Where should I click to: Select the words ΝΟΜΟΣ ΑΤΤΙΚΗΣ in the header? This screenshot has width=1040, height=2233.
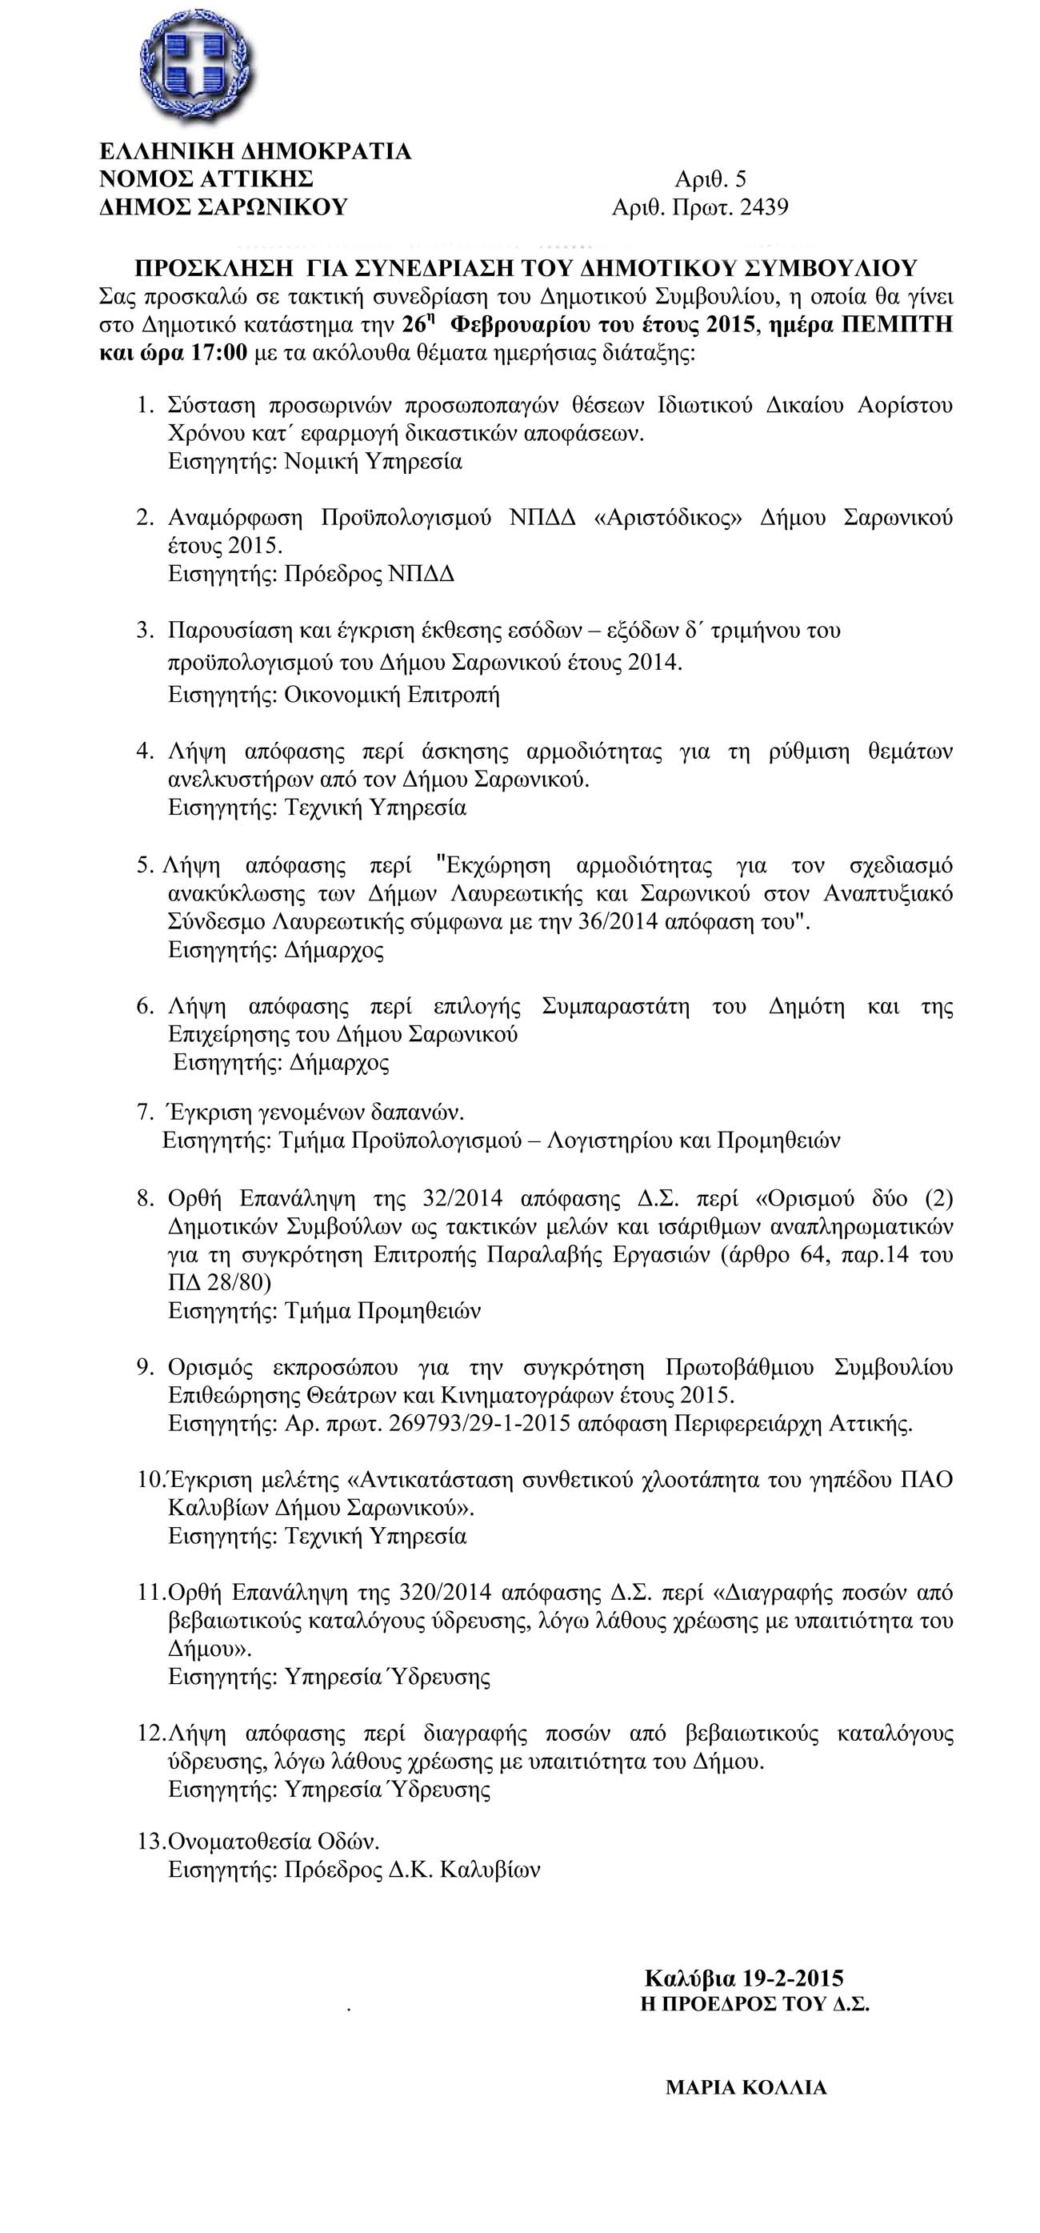point(206,180)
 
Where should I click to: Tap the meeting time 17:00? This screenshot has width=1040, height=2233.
point(218,354)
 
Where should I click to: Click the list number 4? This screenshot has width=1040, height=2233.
point(145,752)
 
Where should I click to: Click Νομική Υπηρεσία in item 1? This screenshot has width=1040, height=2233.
point(374,462)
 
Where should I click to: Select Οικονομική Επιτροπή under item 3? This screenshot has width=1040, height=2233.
point(392,696)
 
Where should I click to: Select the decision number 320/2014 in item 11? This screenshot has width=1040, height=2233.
point(446,1593)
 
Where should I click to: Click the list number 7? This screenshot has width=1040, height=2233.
point(145,1112)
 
